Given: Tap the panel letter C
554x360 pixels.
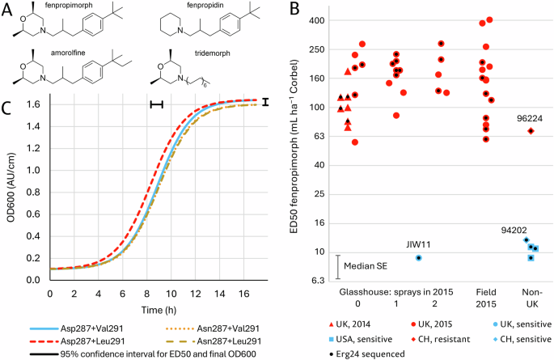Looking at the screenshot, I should (6, 107).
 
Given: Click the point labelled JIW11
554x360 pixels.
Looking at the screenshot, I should (419, 257).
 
